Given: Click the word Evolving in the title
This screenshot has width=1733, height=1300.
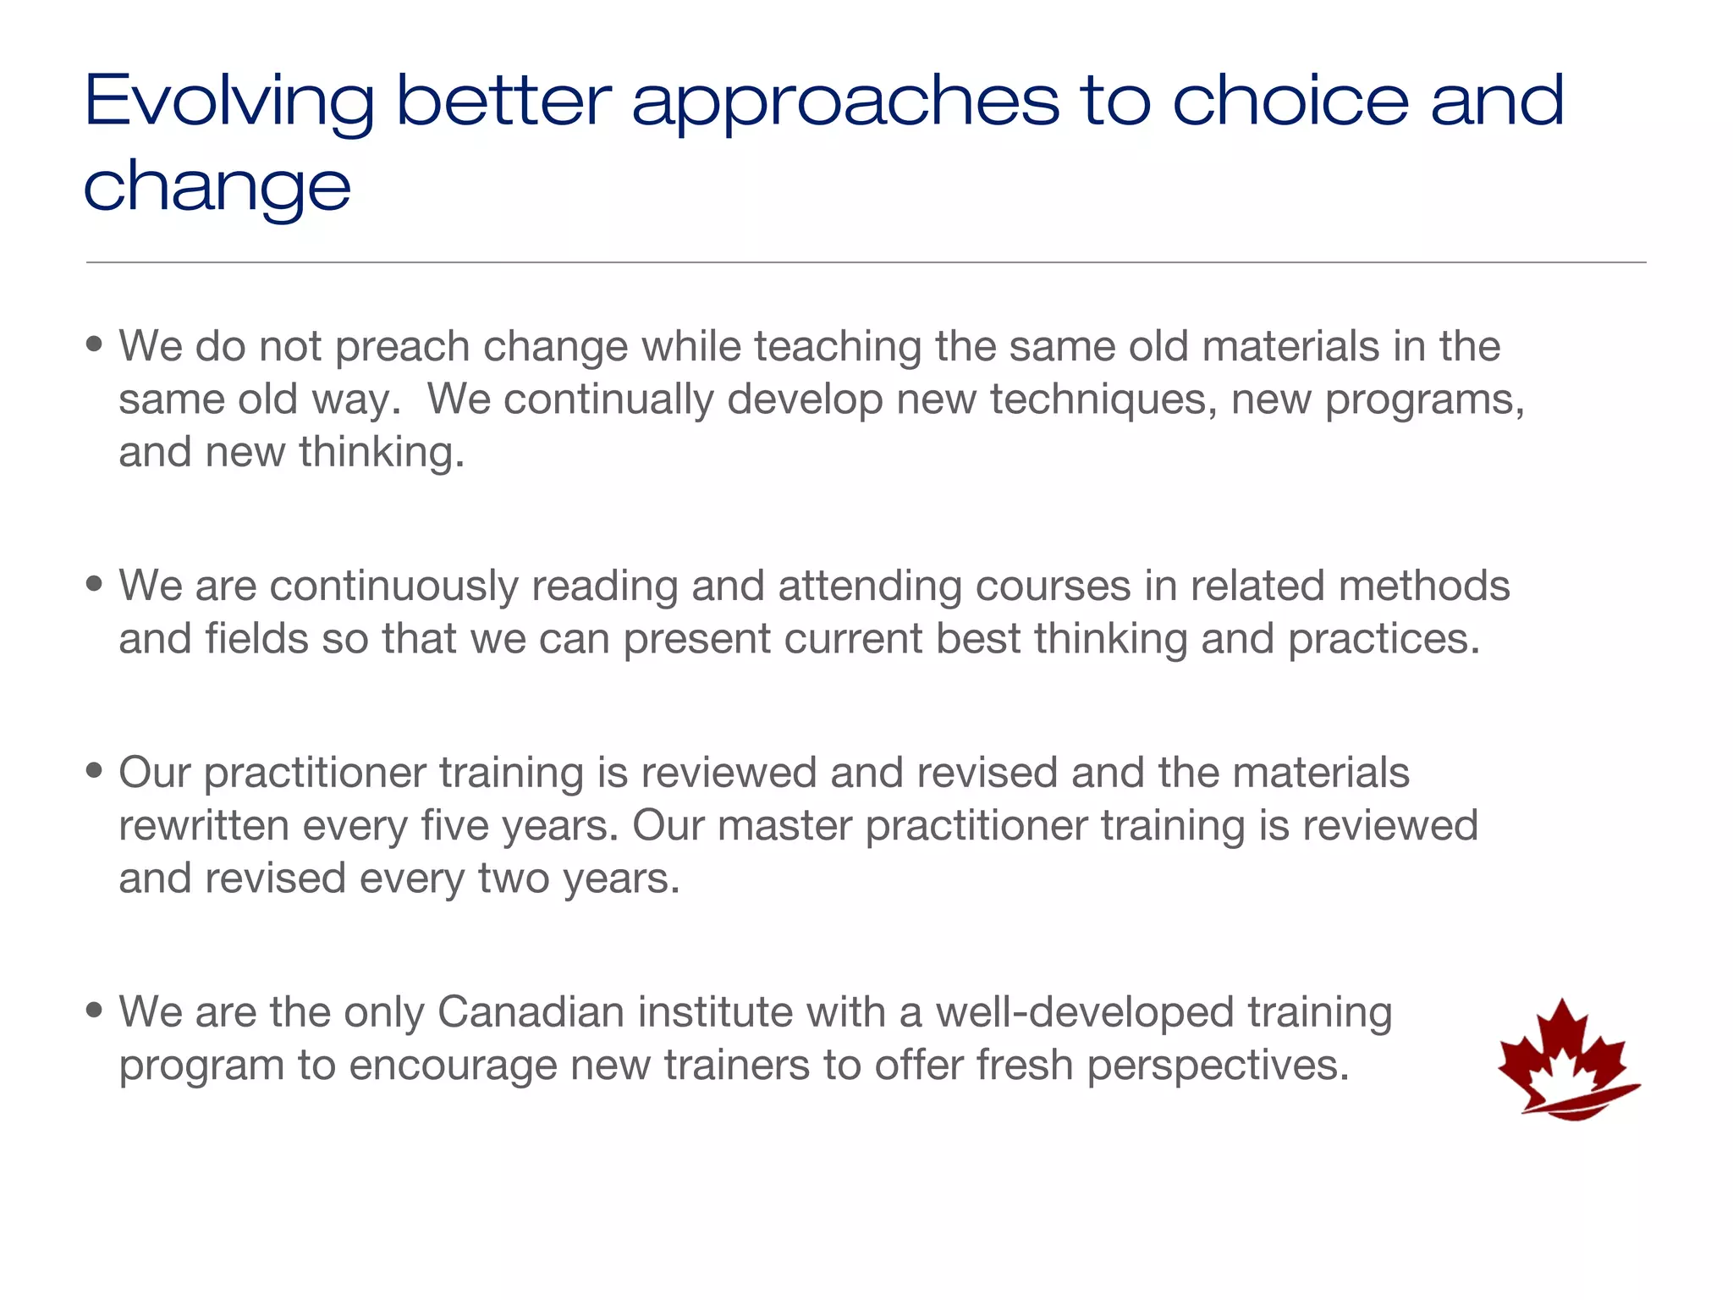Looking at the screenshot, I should point(228,102).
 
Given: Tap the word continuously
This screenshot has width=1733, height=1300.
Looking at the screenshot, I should point(393,587).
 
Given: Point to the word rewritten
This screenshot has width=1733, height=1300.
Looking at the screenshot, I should point(204,825).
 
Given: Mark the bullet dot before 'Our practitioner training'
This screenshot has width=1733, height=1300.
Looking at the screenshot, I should point(94,770).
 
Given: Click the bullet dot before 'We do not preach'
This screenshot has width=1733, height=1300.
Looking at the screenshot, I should point(94,344).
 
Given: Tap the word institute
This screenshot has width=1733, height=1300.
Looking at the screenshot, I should point(714,1012).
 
